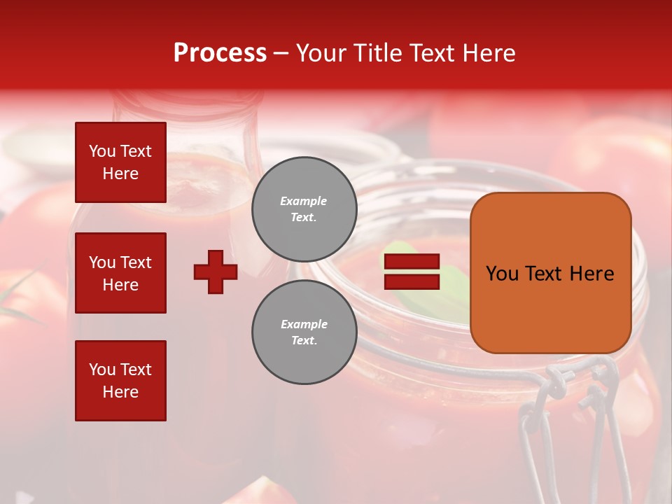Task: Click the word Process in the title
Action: [x=220, y=52]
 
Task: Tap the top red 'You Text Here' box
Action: [x=120, y=162]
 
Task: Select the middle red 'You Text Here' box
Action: [x=120, y=273]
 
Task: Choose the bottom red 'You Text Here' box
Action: [x=120, y=381]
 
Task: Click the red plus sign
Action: [x=216, y=272]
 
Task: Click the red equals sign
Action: [x=412, y=272]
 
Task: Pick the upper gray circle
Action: [x=304, y=209]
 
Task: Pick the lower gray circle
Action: [x=304, y=332]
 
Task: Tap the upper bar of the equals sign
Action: [x=412, y=262]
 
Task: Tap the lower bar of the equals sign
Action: [x=412, y=281]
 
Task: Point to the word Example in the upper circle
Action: [x=304, y=201]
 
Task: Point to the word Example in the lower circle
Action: [x=304, y=324]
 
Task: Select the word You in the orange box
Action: [x=503, y=274]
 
